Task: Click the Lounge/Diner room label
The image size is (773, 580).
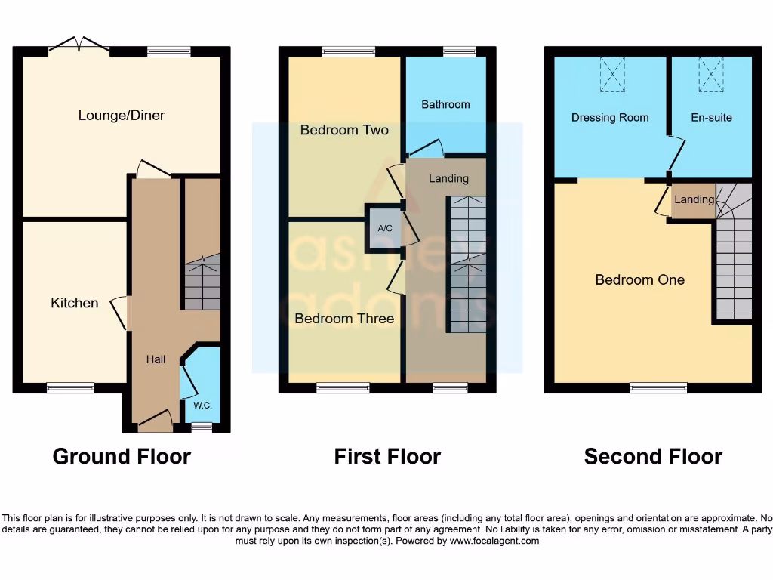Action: [x=122, y=116]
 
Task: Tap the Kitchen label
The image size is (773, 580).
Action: [x=75, y=303]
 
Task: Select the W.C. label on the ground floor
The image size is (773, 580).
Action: [x=202, y=406]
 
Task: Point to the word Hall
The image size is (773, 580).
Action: [x=156, y=359]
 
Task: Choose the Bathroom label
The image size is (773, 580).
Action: [x=445, y=105]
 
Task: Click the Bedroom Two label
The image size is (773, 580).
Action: [x=344, y=130]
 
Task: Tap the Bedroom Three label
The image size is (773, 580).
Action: [x=344, y=319]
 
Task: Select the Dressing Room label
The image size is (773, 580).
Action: [x=610, y=118]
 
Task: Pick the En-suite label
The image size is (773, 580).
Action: [x=711, y=118]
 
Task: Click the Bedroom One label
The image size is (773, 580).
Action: [x=640, y=280]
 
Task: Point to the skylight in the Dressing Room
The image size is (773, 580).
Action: [x=612, y=76]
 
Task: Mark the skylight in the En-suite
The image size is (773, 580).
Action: [x=711, y=76]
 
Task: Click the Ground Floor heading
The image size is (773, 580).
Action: [x=122, y=456]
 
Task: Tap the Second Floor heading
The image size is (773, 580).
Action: [x=653, y=456]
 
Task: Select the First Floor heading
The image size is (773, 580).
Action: [x=387, y=456]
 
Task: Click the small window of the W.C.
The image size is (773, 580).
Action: [x=201, y=428]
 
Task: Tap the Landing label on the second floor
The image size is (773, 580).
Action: [x=694, y=200]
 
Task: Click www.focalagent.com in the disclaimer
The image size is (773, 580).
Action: [x=495, y=541]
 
